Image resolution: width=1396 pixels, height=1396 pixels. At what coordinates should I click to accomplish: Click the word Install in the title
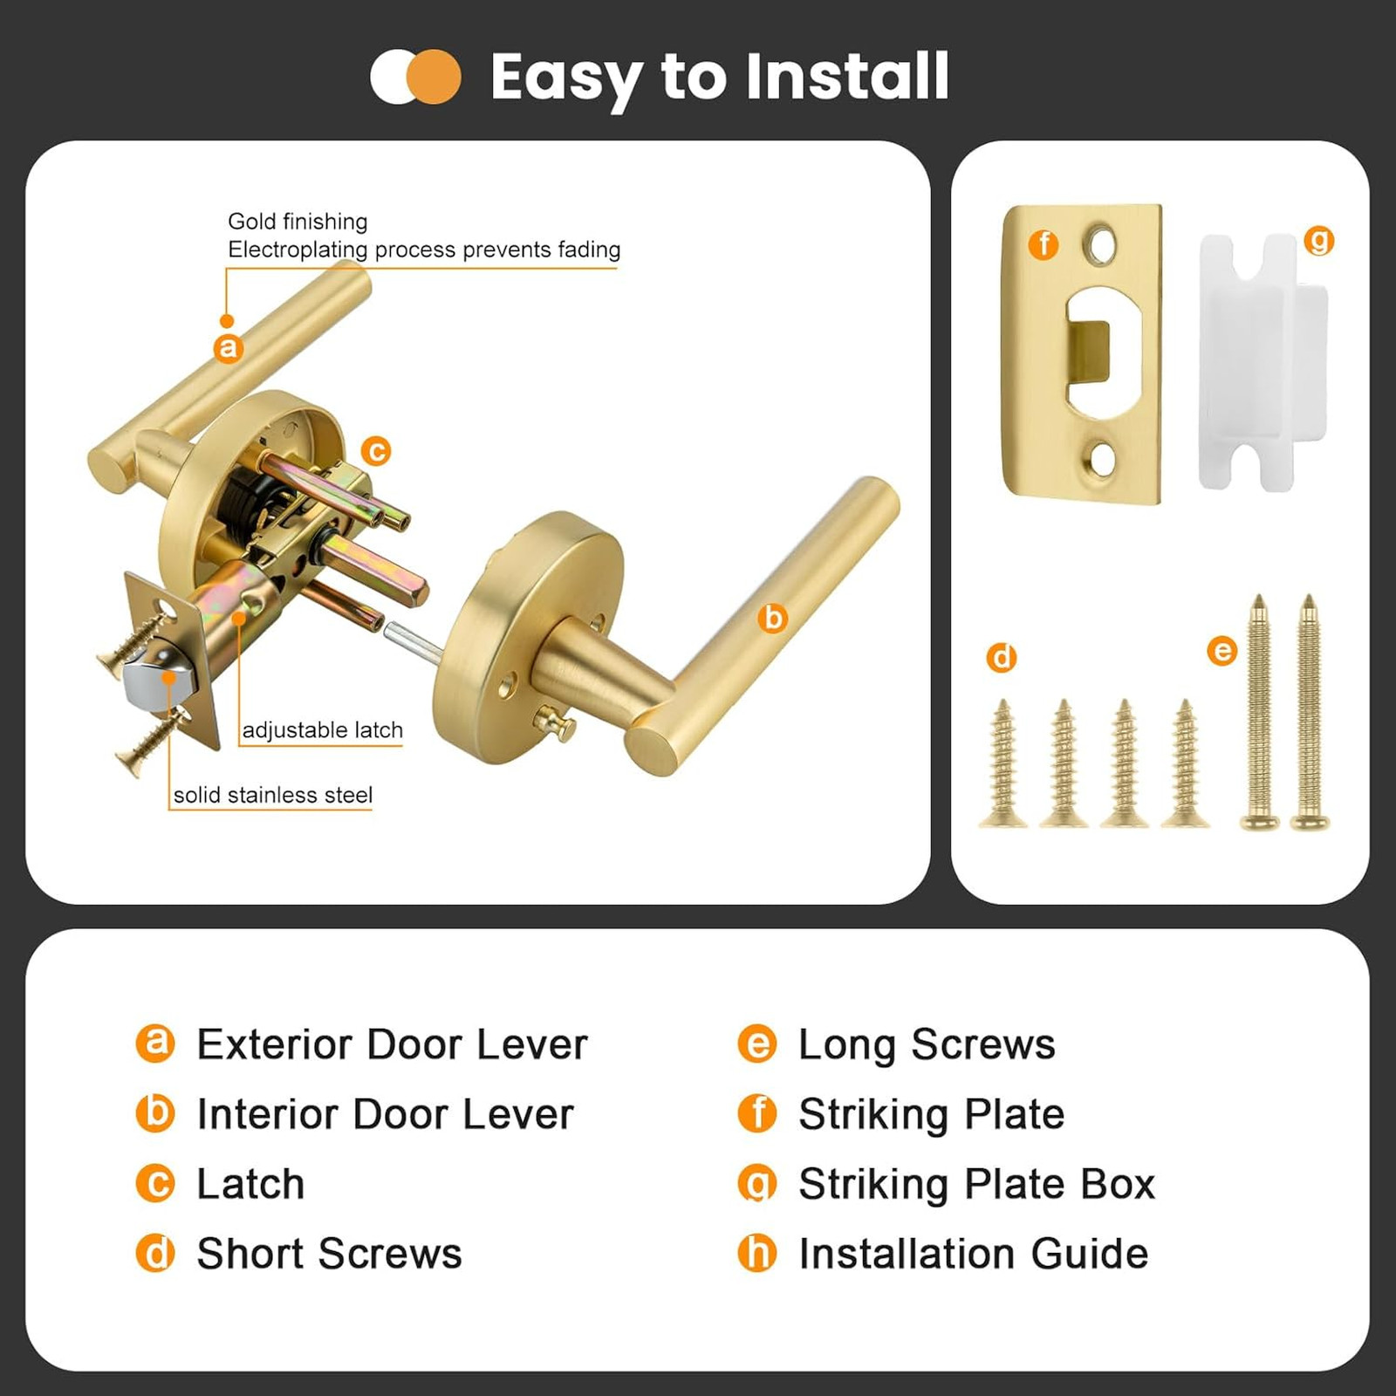click(846, 76)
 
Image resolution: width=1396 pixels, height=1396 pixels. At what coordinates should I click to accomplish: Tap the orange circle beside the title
click(434, 77)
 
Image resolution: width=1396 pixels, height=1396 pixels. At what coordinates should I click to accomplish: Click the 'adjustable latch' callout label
click(323, 729)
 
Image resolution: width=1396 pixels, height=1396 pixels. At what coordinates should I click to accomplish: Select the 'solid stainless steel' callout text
click(273, 795)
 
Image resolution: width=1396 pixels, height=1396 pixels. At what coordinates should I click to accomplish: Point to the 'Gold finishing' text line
click(298, 221)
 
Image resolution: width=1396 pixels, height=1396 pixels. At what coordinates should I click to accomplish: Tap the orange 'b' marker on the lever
click(772, 618)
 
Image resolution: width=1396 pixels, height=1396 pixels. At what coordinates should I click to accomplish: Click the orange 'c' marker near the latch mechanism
click(376, 451)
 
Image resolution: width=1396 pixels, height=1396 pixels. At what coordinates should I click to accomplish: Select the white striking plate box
click(1262, 362)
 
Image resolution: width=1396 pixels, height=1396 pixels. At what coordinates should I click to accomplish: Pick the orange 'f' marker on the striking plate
click(1044, 244)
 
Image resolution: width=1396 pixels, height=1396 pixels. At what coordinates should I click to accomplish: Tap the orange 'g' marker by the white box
click(1318, 240)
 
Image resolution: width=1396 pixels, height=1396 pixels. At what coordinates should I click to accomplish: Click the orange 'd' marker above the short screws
click(1002, 657)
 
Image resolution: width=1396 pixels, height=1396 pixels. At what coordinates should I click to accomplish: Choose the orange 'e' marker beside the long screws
click(1222, 650)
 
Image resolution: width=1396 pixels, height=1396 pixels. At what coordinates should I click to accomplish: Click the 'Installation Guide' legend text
click(974, 1254)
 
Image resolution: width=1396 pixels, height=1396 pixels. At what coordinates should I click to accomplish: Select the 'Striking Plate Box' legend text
click(977, 1184)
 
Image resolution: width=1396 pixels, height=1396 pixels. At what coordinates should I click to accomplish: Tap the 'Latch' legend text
click(251, 1184)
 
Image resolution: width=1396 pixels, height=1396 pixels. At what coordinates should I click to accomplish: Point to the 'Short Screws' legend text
click(330, 1254)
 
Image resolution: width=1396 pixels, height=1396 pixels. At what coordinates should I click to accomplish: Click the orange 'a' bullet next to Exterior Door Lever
click(155, 1044)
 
